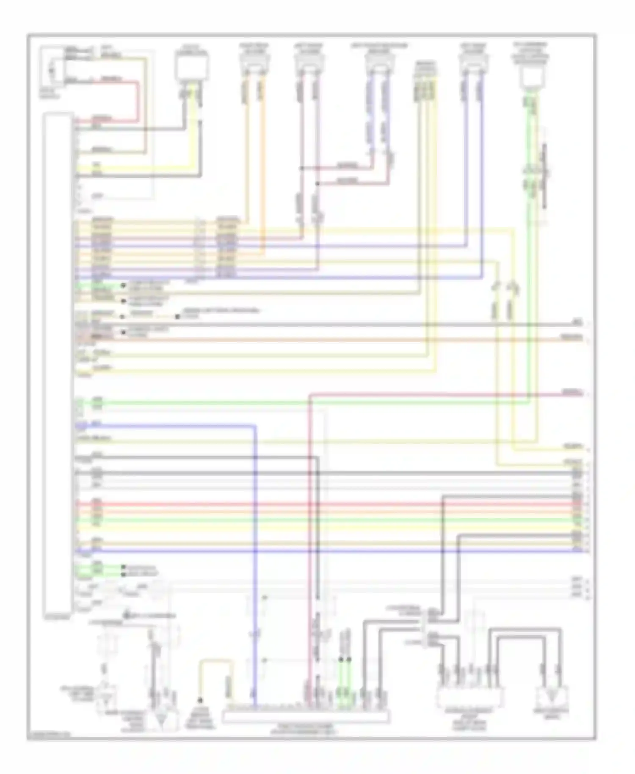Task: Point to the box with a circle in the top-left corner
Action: pos(52,68)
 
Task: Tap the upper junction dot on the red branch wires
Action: pos(301,168)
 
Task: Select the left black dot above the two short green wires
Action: pos(341,659)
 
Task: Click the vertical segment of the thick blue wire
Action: pos(255,550)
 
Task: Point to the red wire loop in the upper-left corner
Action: pos(137,100)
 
